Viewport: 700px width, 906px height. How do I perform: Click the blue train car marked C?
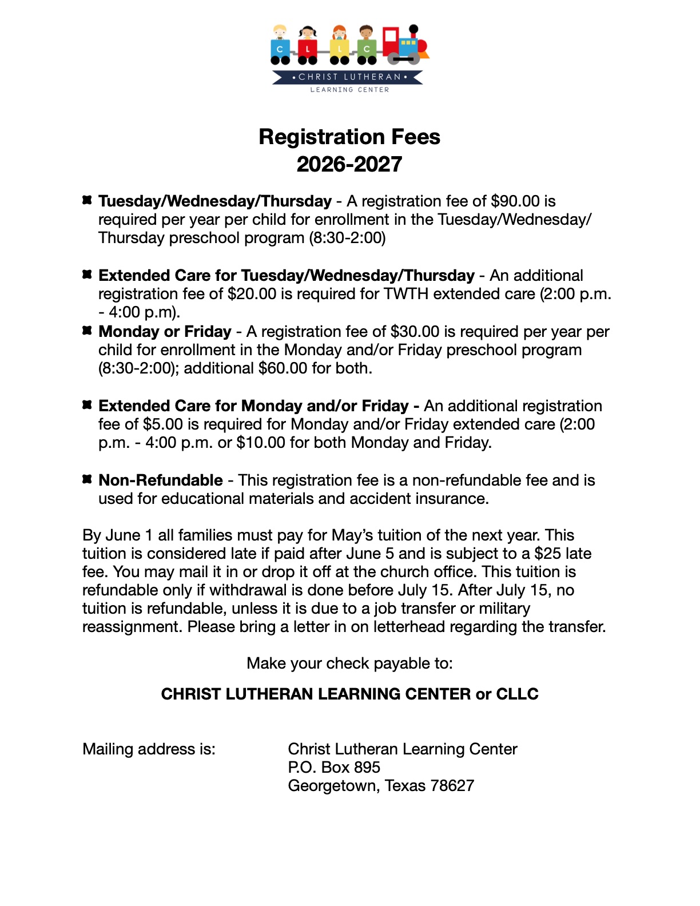tap(280, 49)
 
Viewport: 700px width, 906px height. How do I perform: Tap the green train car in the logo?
tap(367, 49)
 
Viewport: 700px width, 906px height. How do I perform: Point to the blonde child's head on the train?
tap(280, 31)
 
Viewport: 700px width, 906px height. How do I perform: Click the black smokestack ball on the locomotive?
tap(413, 27)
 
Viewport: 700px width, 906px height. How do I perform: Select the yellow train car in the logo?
tap(339, 49)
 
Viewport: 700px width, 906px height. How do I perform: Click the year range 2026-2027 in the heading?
tap(349, 165)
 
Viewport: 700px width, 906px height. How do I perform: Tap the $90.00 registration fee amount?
tap(515, 201)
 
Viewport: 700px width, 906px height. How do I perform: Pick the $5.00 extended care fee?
tap(163, 424)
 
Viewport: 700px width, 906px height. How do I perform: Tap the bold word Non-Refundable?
tap(161, 480)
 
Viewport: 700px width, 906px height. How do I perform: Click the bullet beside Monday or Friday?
tap(87, 331)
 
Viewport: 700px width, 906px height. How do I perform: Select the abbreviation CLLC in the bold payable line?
tap(517, 694)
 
